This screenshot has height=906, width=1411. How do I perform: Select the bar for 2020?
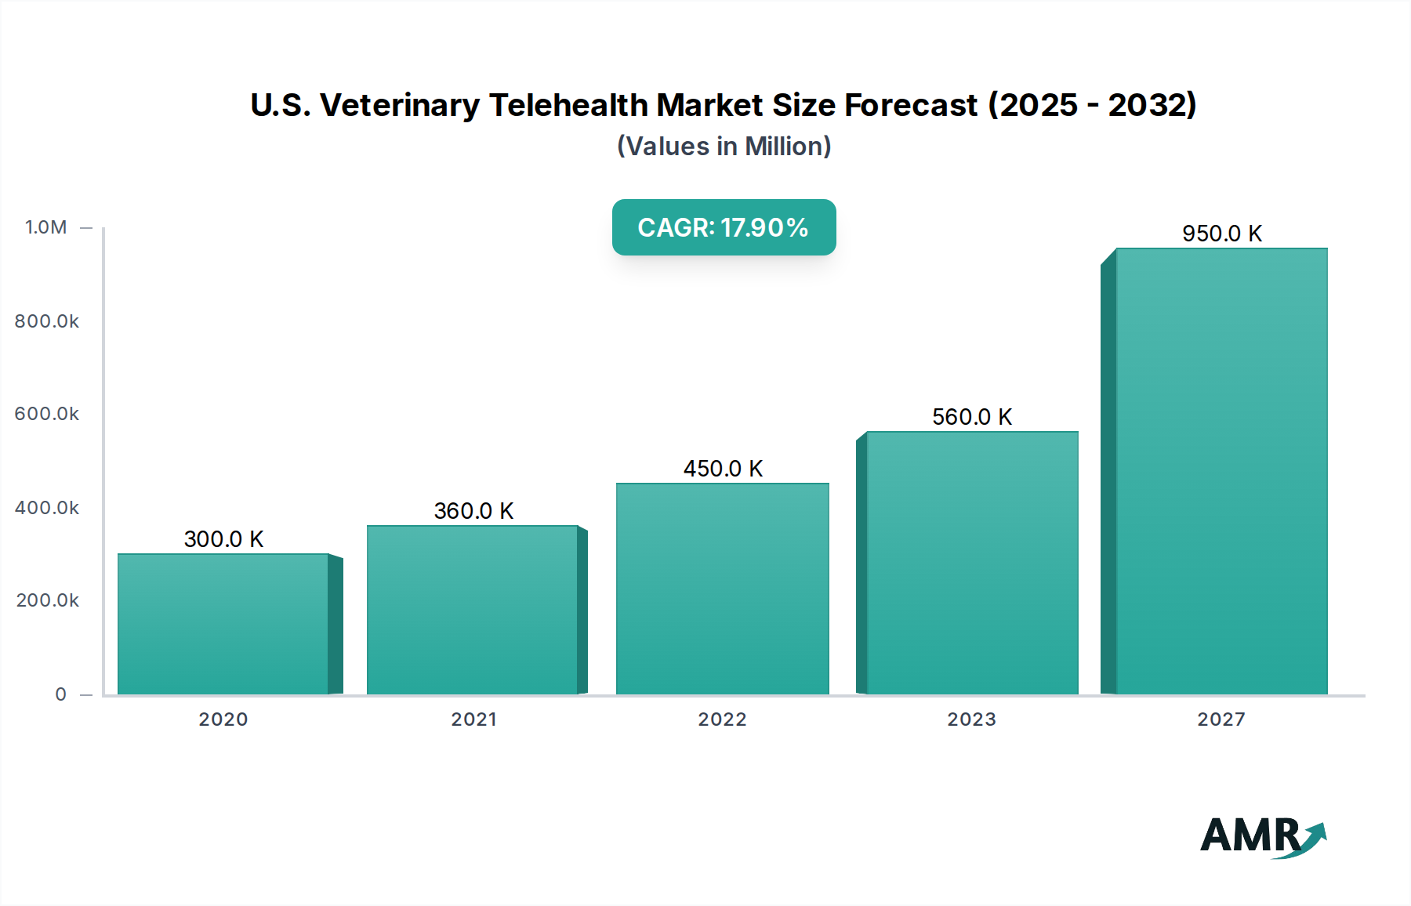223,624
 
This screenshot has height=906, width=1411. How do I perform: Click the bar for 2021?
473,610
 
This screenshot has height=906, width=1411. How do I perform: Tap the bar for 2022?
722,589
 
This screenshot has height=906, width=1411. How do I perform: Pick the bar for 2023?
972,563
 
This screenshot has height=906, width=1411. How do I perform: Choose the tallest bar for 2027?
1221,471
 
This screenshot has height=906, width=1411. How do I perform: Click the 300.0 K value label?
223,539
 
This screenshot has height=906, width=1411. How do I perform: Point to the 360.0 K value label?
473,511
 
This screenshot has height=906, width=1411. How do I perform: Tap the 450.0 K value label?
723,469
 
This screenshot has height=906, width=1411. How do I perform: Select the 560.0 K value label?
972,417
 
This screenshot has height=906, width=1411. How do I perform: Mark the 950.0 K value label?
1222,234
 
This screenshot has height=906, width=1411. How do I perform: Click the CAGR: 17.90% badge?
724,227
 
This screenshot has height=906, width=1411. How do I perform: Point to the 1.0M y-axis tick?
46,227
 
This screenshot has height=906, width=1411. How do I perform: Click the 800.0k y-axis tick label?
47,321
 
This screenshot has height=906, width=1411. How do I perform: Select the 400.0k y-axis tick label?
47,508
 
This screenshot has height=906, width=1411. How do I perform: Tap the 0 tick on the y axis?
61,694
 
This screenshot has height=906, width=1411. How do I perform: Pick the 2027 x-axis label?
1221,719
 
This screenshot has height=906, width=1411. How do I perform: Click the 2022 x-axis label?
722,719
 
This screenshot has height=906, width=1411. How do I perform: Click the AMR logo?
1262,836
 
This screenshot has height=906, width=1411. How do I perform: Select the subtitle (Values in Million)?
724,147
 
